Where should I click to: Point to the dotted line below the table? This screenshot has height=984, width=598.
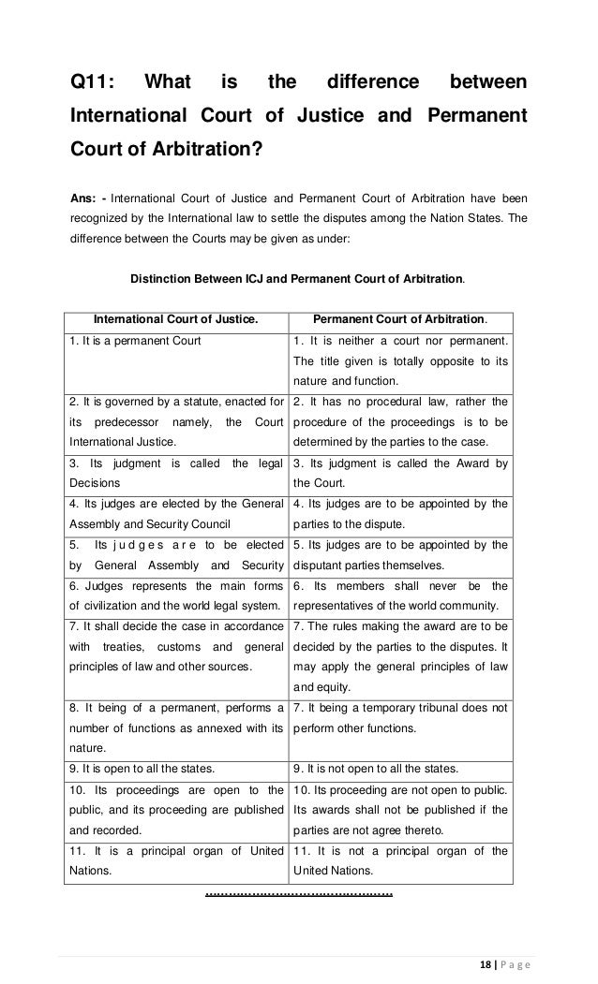(x=299, y=895)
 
